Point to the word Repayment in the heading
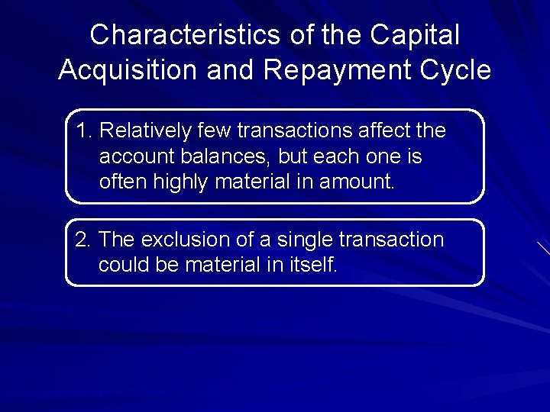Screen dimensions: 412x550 337,70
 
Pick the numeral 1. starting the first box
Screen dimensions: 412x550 85,131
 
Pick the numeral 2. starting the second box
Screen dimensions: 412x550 84,240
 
